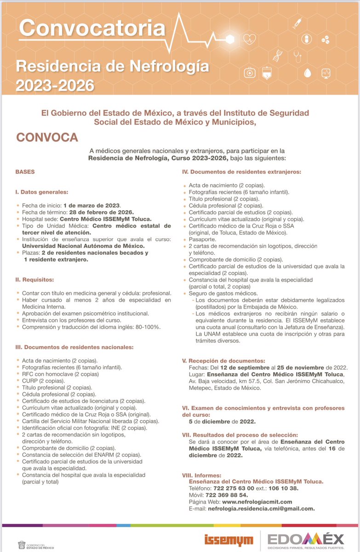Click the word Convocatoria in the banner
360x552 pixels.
point(92,29)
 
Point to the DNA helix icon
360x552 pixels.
point(277,55)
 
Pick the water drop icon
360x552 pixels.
point(308,73)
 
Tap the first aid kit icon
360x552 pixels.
point(250,73)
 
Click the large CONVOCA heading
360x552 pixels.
point(47,138)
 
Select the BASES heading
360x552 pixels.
point(25,172)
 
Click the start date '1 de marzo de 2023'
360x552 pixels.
point(92,205)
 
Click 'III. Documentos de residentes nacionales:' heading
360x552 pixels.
point(74,347)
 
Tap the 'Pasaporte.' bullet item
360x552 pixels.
point(202,240)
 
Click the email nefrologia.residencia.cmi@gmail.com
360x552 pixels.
point(261,508)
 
